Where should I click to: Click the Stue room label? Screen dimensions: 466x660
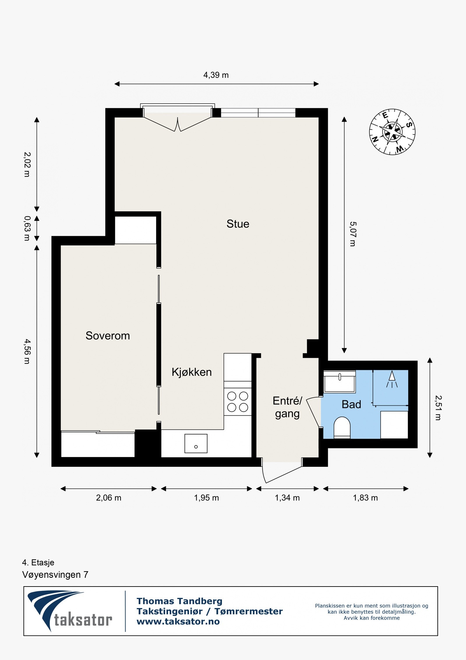point(238,224)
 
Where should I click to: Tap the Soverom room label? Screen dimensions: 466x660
point(108,336)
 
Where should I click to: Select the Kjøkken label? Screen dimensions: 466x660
point(192,372)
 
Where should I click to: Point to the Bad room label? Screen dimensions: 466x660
point(351,405)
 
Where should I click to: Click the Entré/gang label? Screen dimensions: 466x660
point(287,407)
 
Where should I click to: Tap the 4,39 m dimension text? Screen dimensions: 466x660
point(216,75)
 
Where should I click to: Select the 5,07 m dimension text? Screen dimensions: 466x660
point(353,234)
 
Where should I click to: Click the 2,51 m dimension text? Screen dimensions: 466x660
point(438,408)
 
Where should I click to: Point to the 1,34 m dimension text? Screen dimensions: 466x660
point(287,498)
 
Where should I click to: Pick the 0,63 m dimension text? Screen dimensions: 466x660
point(27,228)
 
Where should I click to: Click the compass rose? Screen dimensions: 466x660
point(392,132)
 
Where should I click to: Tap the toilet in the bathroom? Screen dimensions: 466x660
point(342,428)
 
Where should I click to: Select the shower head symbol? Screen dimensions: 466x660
point(392,379)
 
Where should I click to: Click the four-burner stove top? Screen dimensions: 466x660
point(238,402)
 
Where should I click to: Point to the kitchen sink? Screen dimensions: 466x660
point(196,444)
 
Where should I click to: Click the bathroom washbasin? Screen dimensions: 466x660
point(340,382)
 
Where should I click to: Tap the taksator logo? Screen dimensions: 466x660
point(70,611)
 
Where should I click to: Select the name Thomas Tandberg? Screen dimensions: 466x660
point(179,601)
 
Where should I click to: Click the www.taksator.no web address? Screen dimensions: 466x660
point(178,622)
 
